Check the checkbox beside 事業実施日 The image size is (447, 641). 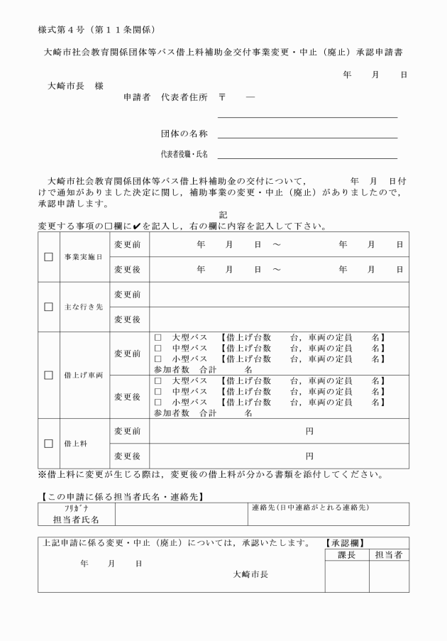click(x=49, y=257)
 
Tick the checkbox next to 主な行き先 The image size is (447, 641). click(x=49, y=307)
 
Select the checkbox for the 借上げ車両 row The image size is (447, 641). click(x=49, y=374)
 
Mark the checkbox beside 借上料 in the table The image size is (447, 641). click(x=49, y=443)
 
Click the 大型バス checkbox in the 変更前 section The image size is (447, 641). click(x=159, y=337)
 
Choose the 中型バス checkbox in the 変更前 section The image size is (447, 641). click(x=159, y=348)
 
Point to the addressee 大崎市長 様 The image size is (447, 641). click(x=74, y=85)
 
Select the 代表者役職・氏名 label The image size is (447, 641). click(x=184, y=154)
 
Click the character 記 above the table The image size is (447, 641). click(x=223, y=214)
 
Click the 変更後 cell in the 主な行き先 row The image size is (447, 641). click(x=127, y=319)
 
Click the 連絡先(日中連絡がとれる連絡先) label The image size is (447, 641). click(x=310, y=508)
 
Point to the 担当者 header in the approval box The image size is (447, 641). click(x=388, y=554)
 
